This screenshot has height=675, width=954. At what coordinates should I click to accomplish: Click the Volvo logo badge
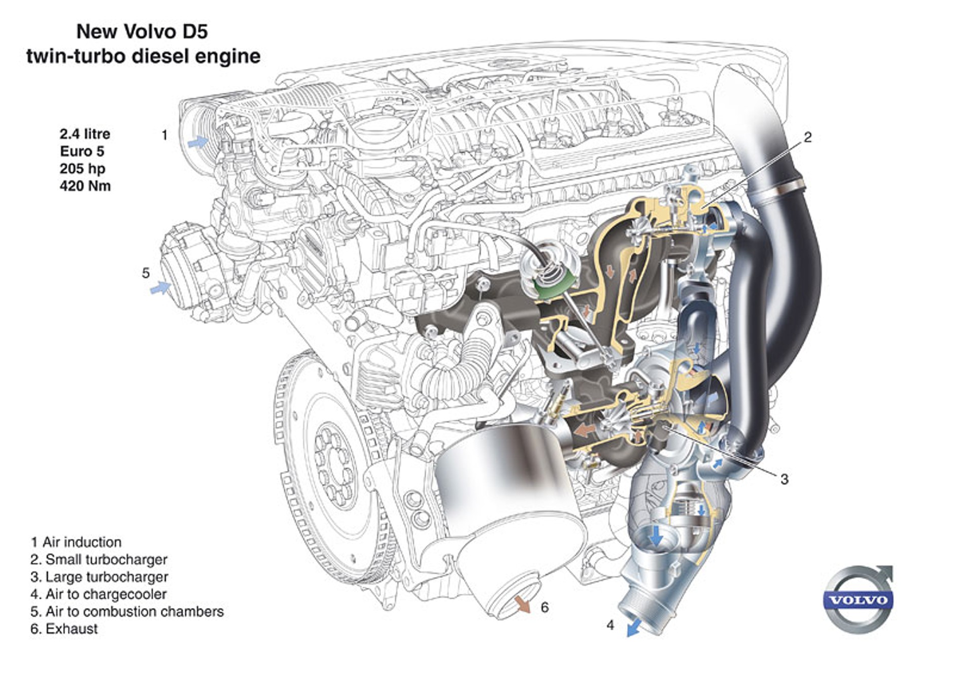858,600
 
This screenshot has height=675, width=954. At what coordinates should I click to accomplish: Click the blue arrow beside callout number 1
198,142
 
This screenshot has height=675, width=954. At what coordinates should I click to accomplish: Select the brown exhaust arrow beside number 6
522,604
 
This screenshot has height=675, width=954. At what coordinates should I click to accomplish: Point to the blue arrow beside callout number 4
633,628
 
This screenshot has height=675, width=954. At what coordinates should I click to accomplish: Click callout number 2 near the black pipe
807,137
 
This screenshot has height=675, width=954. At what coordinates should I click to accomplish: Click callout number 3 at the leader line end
784,479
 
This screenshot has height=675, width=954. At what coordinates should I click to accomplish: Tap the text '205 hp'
82,168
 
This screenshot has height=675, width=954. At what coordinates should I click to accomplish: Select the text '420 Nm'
85,186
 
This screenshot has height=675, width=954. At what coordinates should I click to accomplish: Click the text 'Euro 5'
82,151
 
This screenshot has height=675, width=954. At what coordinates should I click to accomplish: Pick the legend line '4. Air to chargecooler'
98,594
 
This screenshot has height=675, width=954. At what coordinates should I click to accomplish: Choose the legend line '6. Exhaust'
64,628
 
